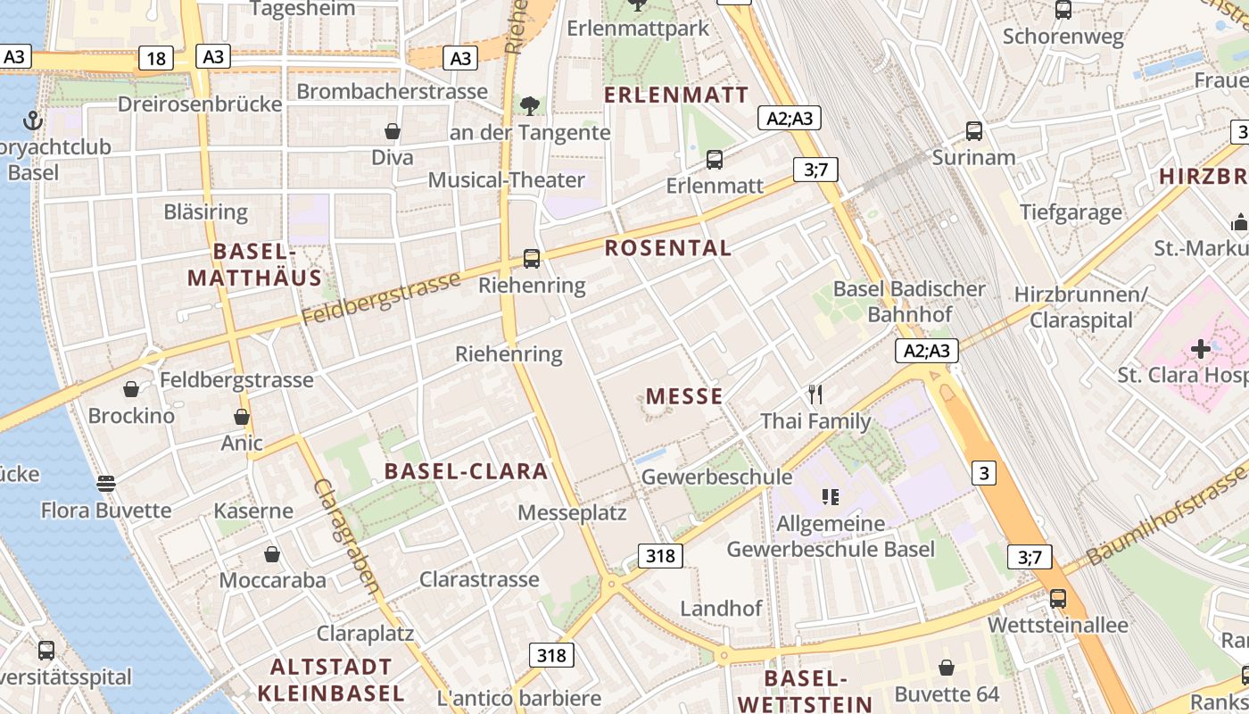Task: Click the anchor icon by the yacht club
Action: pyautogui.click(x=33, y=120)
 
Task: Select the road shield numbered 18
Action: pyautogui.click(x=156, y=59)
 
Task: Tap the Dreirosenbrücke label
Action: pyautogui.click(x=200, y=104)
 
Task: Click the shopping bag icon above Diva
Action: pyautogui.click(x=392, y=132)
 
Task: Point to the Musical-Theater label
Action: pyautogui.click(x=506, y=180)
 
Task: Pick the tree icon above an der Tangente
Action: pyautogui.click(x=530, y=106)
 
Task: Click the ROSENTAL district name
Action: pyautogui.click(x=668, y=248)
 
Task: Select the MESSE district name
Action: pyautogui.click(x=684, y=396)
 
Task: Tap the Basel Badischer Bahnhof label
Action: pyautogui.click(x=909, y=302)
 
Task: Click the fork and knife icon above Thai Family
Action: pyautogui.click(x=815, y=394)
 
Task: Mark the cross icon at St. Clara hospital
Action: pyautogui.click(x=1201, y=348)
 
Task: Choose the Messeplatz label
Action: pyautogui.click(x=572, y=513)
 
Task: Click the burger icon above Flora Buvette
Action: pyautogui.click(x=106, y=485)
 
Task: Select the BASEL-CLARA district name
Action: pyautogui.click(x=466, y=471)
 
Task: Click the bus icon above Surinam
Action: pyautogui.click(x=974, y=131)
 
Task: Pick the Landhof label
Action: pyautogui.click(x=721, y=609)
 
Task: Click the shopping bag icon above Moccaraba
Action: pyautogui.click(x=272, y=555)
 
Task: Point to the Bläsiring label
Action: pyautogui.click(x=206, y=212)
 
